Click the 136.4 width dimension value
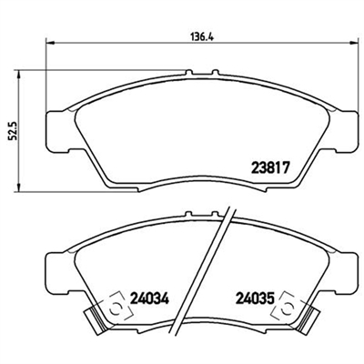click(202, 36)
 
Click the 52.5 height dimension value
click(13, 131)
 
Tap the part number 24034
click(149, 298)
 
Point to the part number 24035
click(255, 298)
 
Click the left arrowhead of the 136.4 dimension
click(49, 43)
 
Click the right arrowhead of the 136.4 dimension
click(354, 43)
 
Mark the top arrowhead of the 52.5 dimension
click(19, 75)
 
